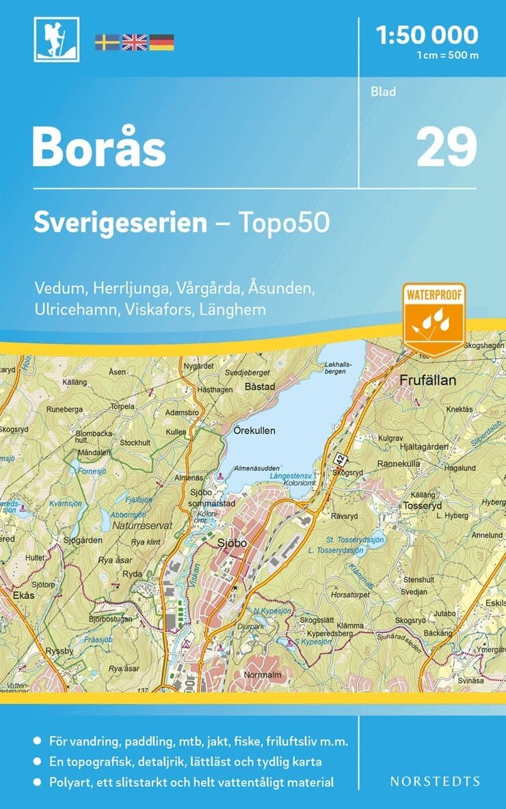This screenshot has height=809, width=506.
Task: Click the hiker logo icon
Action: click(x=57, y=40)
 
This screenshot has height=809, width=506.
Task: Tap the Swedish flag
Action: click(x=107, y=42)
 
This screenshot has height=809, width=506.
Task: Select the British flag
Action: click(x=134, y=42)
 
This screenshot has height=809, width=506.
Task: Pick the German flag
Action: click(x=161, y=42)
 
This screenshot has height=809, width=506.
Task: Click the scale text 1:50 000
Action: click(x=427, y=35)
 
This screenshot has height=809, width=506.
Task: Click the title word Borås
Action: click(x=98, y=148)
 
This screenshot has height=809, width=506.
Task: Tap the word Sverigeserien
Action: click(x=120, y=223)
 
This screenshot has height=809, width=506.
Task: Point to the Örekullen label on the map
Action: click(x=253, y=432)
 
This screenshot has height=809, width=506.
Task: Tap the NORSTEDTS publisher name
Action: click(x=434, y=781)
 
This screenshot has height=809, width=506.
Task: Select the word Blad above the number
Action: click(x=384, y=92)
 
